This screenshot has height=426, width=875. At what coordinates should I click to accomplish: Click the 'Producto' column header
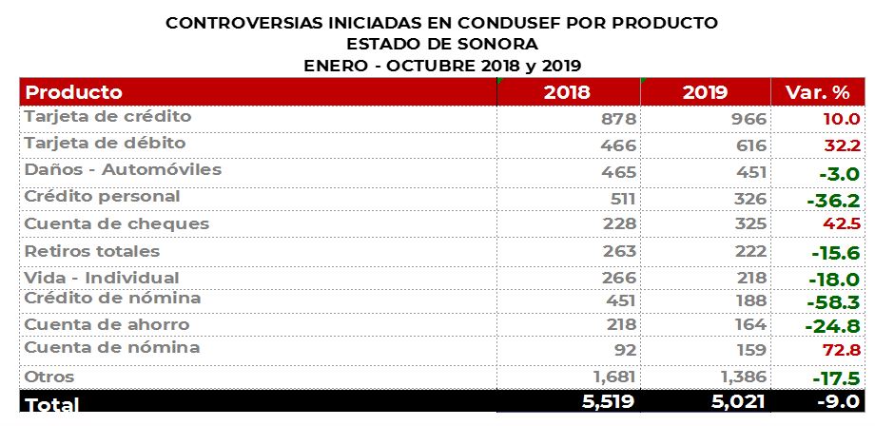tap(74, 92)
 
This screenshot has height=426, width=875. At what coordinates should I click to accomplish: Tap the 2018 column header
tap(567, 93)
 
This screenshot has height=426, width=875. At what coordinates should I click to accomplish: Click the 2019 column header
tap(705, 93)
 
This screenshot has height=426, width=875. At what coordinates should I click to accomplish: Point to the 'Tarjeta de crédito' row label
tap(107, 117)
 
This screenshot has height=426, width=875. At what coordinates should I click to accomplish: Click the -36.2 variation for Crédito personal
tap(832, 202)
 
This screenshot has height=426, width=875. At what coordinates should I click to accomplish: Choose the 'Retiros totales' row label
tap(92, 252)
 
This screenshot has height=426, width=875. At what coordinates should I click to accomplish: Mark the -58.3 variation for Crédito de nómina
tap(832, 302)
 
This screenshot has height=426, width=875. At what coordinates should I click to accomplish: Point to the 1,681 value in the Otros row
tap(615, 377)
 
